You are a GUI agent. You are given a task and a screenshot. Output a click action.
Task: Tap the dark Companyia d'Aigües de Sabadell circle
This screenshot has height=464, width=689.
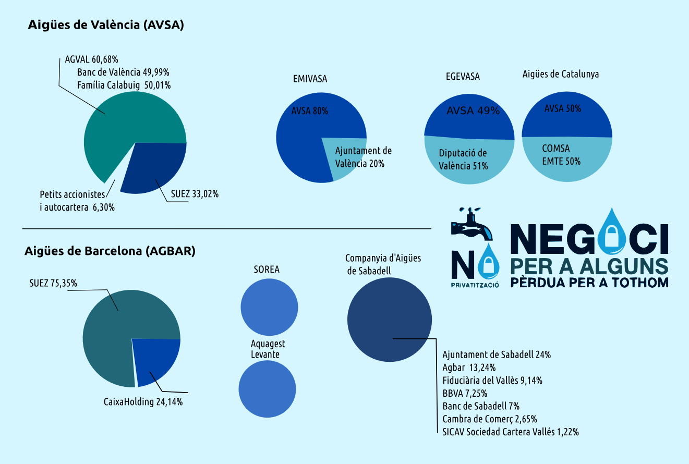[x=389, y=320]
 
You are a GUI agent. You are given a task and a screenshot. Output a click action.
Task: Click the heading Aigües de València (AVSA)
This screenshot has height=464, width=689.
[x=106, y=25]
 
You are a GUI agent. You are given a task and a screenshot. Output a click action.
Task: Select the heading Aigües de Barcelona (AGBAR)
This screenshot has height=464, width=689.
[x=110, y=251]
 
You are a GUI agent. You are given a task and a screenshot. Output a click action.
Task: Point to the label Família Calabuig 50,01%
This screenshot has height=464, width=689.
[x=124, y=85]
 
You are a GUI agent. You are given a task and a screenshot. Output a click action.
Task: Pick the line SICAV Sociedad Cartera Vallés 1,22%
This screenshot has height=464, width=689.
[x=510, y=432]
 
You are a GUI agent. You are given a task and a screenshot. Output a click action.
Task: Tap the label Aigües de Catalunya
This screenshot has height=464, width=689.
[x=561, y=74]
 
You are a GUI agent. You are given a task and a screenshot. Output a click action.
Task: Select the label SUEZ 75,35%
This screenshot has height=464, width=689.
[x=53, y=284]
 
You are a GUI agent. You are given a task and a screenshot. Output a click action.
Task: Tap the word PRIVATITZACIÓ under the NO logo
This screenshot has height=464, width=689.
[x=475, y=285]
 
